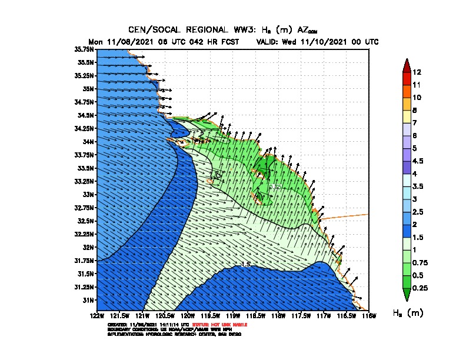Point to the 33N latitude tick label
(x=88, y=194)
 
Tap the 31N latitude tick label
(x=88, y=300)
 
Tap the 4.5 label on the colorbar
(x=418, y=161)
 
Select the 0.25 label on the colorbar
(x=420, y=288)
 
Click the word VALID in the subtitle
(x=269, y=42)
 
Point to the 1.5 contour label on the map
(x=247, y=264)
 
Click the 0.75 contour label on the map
(x=275, y=186)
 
